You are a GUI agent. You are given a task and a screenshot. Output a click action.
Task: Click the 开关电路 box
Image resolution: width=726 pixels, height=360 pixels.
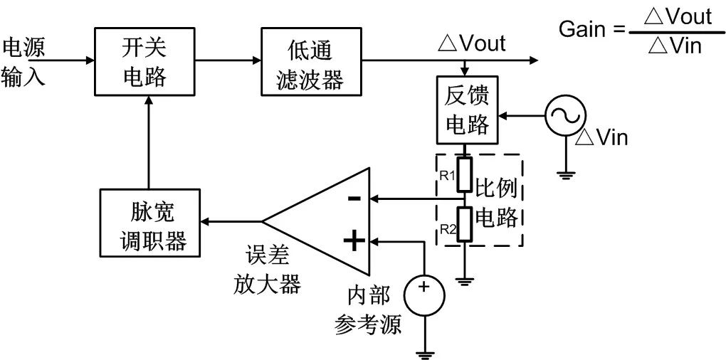click(144, 61)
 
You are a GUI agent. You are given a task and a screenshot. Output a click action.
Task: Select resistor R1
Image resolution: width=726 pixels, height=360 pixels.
click(465, 176)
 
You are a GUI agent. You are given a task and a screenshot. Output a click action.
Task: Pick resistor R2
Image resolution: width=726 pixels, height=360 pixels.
click(465, 223)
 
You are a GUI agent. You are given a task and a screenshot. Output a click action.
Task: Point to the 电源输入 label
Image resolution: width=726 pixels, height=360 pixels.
click(23, 61)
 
